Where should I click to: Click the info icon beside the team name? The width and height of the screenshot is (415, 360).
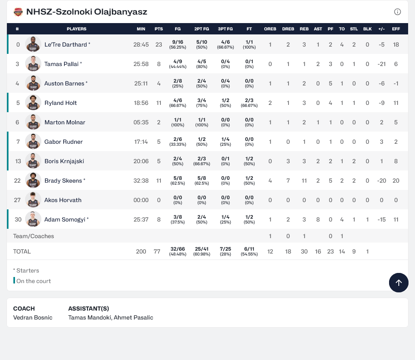click(398, 12)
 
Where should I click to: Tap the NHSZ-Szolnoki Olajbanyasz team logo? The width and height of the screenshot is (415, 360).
click(18, 12)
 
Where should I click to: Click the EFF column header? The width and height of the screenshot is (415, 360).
click(396, 29)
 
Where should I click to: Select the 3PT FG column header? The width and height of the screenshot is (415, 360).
click(225, 29)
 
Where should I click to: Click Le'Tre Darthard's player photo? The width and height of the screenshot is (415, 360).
click(33, 44)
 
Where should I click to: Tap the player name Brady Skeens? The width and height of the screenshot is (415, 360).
click(63, 181)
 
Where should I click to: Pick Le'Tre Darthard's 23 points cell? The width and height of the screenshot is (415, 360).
click(159, 45)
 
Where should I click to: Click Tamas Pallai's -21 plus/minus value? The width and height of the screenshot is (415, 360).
click(381, 64)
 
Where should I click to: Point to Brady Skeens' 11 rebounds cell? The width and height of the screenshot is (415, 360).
click(304, 181)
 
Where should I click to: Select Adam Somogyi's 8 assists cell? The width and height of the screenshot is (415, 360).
click(318, 219)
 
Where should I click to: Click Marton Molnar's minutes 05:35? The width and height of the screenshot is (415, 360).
click(141, 122)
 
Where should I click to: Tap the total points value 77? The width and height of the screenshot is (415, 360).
click(157, 251)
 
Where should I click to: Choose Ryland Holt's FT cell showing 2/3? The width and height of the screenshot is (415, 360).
click(249, 103)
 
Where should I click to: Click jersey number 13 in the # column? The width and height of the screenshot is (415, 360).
click(18, 161)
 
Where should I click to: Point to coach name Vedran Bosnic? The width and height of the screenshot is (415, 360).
click(33, 317)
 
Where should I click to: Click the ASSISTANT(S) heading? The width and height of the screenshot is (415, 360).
click(88, 309)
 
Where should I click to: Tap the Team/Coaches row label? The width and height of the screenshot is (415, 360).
click(34, 236)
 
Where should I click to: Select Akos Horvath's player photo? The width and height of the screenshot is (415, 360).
click(33, 200)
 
